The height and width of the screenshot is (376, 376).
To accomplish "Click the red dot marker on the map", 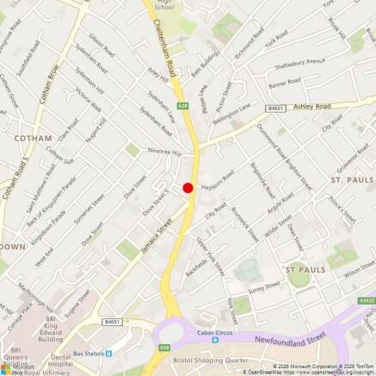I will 188,188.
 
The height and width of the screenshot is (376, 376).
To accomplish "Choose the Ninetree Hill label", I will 165,151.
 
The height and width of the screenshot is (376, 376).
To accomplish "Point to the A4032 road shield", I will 367,300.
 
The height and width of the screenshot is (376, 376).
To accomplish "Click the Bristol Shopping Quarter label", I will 212,361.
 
